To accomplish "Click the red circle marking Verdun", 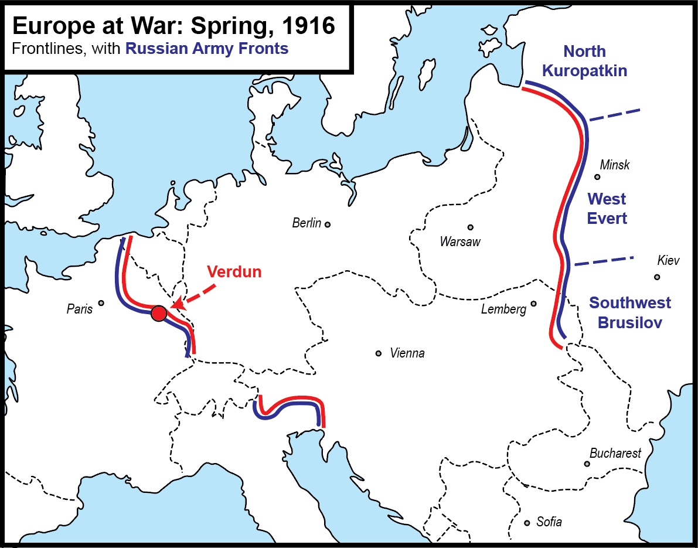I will pyautogui.click(x=158, y=314).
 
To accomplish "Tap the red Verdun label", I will pyautogui.click(x=234, y=272).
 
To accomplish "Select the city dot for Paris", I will pyautogui.click(x=101, y=303).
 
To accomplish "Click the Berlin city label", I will pyautogui.click(x=307, y=223).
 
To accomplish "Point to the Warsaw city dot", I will pyautogui.click(x=470, y=227).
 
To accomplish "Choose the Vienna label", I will pyautogui.click(x=407, y=353).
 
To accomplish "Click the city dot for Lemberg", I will pyautogui.click(x=533, y=304).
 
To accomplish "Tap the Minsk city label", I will pyautogui.click(x=615, y=165).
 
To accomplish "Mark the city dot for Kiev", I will pyautogui.click(x=657, y=277).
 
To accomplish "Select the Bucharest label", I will pyautogui.click(x=615, y=453).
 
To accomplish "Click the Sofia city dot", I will pyautogui.click(x=527, y=523).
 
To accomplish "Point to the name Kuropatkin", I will pyautogui.click(x=584, y=71).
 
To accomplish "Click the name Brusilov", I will pyautogui.click(x=630, y=322).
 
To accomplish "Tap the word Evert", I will pyautogui.click(x=607, y=219).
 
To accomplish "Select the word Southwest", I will pyautogui.click(x=630, y=303).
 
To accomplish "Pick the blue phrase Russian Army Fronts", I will pyautogui.click(x=207, y=48).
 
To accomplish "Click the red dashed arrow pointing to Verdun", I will pyautogui.click(x=196, y=296).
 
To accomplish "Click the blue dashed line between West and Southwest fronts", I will pyautogui.click(x=604, y=261).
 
